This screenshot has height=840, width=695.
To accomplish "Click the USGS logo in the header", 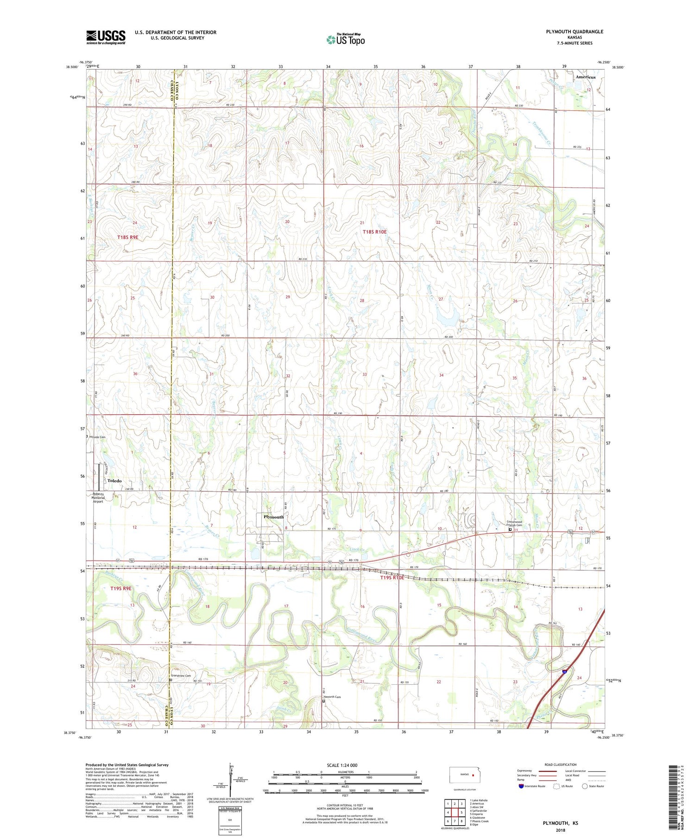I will [x=106, y=37].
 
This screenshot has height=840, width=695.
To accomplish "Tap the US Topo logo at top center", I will [x=345, y=40].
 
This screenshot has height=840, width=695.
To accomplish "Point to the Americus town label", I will [x=585, y=77].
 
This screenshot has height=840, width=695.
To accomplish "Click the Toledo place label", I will [x=114, y=480].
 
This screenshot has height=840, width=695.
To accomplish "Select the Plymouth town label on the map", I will [x=273, y=517].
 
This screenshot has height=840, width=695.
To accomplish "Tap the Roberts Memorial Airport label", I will [x=98, y=497].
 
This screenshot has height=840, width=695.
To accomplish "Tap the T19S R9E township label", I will [x=121, y=588].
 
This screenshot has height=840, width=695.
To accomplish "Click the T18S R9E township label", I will [x=127, y=237].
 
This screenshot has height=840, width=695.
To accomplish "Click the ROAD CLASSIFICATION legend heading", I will [x=561, y=764].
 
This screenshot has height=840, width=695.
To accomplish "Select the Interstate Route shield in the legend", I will [x=521, y=786].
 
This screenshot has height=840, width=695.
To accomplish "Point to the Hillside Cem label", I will [x=98, y=437].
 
